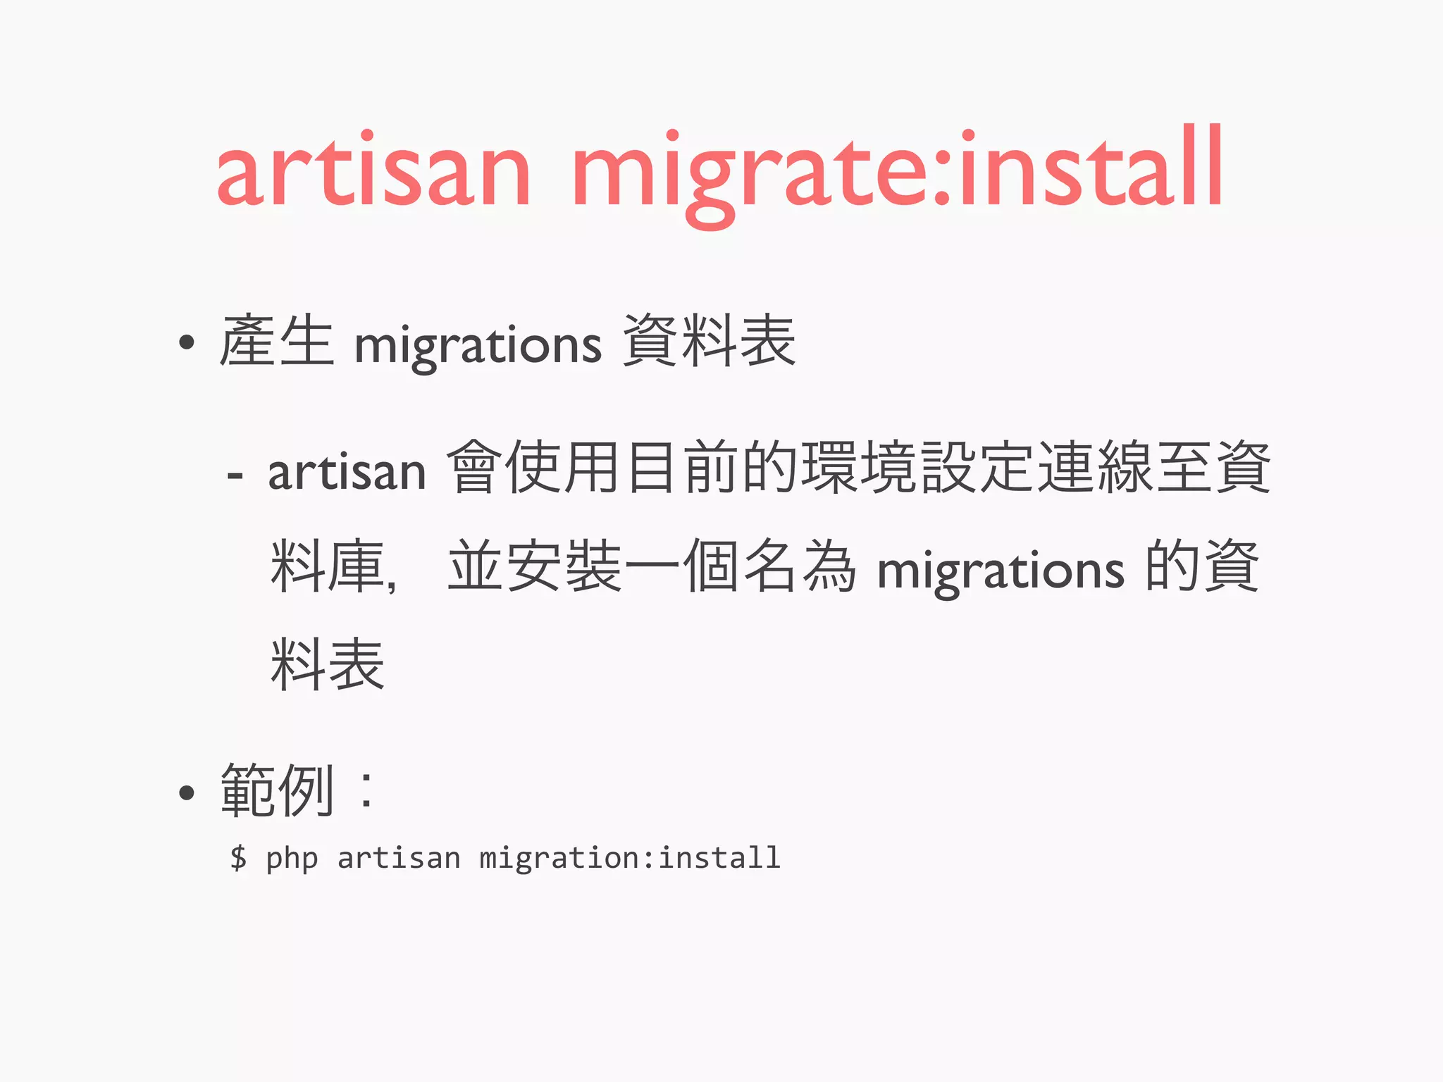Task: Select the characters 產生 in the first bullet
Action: [276, 342]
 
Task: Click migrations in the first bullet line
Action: [478, 345]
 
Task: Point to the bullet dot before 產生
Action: [186, 343]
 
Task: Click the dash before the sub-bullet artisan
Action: [235, 477]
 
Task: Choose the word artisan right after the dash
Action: [347, 471]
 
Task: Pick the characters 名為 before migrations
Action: [800, 566]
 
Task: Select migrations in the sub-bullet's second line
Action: [1001, 570]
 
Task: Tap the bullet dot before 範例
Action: [186, 793]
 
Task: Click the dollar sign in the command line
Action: [239, 858]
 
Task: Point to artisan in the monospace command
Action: [399, 858]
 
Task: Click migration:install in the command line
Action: [630, 858]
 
